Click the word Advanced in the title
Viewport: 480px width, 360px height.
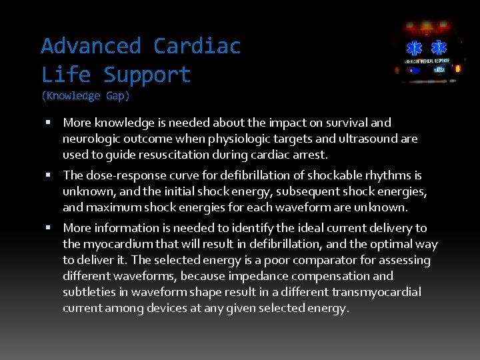(91, 46)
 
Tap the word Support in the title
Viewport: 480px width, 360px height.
(147, 74)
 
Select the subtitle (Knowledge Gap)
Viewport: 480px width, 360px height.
(85, 96)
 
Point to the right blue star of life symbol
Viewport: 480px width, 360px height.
(438, 48)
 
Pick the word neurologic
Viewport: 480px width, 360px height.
(91, 139)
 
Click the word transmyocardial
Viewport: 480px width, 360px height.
(380, 292)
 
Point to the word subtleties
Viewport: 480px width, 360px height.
(89, 292)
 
